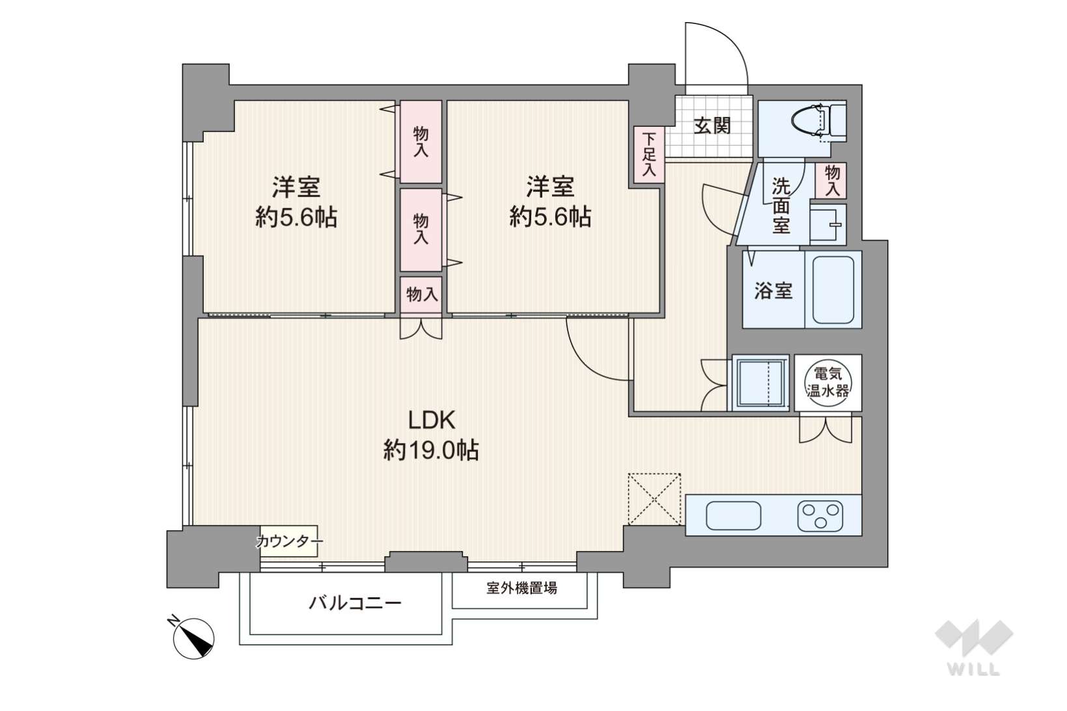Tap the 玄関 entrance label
tap(712, 126)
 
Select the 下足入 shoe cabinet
tap(649, 154)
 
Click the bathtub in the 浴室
tap(833, 289)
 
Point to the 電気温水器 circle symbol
tap(827, 382)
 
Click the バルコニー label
tap(355, 603)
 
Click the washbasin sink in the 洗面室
tap(827, 224)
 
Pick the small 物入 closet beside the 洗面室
tap(831, 180)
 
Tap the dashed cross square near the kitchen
tap(654, 498)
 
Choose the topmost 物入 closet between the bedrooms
tap(421, 142)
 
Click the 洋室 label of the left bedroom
tap(296, 187)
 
